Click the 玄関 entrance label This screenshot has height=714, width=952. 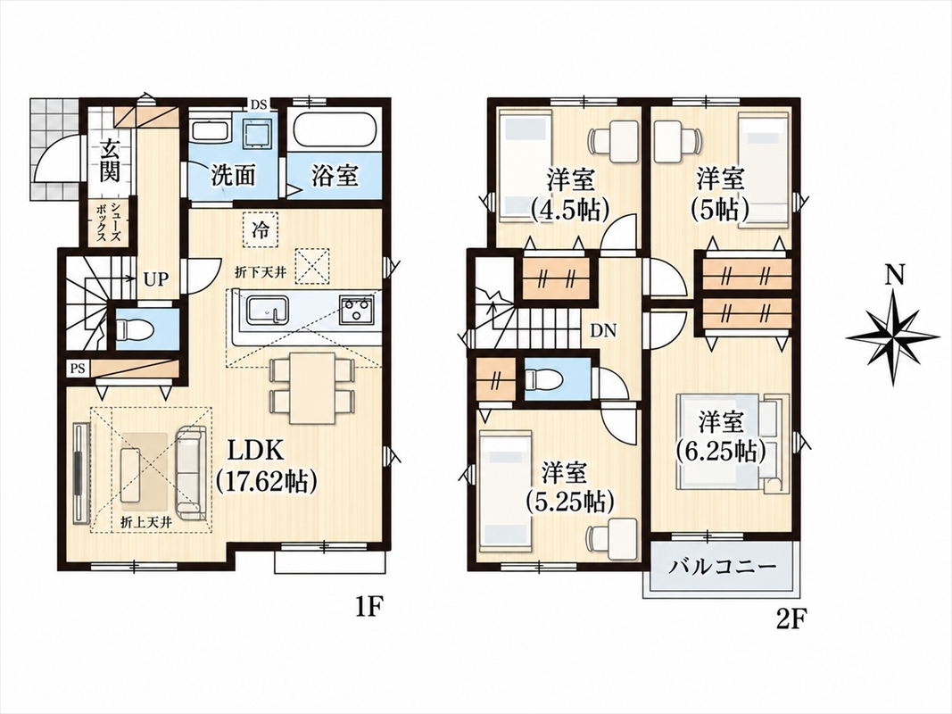tap(109, 161)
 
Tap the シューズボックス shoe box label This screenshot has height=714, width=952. tap(109, 223)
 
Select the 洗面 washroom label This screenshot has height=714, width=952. tap(233, 176)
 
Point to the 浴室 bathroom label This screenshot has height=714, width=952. tap(335, 176)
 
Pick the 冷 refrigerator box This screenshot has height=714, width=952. tap(260, 229)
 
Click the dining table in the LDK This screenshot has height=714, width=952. tap(312, 388)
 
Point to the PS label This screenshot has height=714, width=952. tap(78, 369)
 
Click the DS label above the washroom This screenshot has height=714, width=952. tap(260, 104)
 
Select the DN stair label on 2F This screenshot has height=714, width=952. tap(603, 331)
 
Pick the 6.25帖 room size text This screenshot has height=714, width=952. tap(721, 451)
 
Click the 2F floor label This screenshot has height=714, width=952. tap(791, 619)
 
